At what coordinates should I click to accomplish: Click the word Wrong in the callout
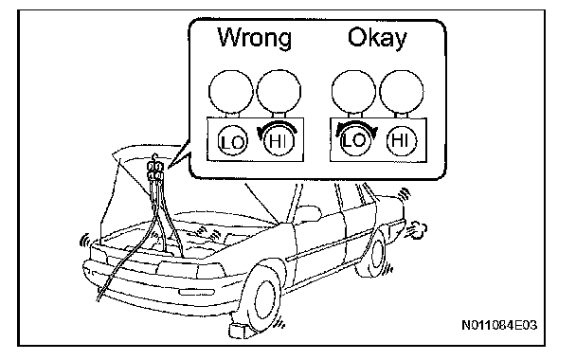coord(255,38)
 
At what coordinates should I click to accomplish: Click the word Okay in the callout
coord(377,38)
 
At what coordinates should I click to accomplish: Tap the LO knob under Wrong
coord(232,141)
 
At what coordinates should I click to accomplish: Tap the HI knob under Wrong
coord(279,141)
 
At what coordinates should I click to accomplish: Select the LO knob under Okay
coord(355,140)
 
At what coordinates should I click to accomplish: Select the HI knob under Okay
coord(401,140)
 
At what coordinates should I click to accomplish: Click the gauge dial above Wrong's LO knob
coord(231,91)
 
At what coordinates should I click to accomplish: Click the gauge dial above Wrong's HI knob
coord(279,91)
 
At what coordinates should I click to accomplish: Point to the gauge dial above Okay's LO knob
coord(353,91)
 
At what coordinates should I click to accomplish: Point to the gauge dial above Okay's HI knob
coord(402,91)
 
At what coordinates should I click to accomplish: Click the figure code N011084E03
coord(499,325)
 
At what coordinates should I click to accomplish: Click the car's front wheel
coord(262,298)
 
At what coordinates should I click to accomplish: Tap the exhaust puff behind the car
coord(417,229)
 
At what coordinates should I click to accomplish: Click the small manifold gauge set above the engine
coord(154,171)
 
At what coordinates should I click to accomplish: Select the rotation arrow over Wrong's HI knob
coord(279,126)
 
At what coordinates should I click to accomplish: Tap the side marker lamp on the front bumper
coord(196,292)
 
